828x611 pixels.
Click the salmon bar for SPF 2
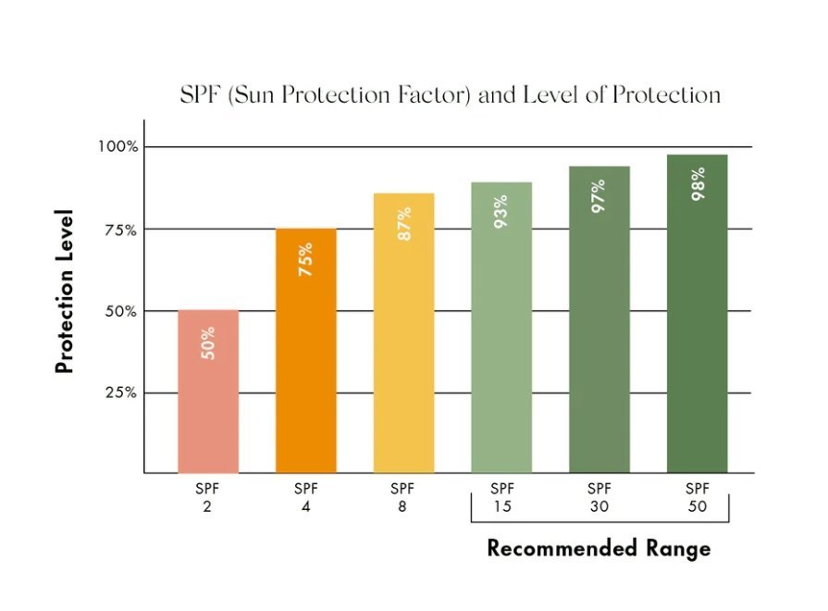(207, 407)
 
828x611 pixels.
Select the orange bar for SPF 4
(305, 370)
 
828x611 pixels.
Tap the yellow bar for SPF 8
(403, 352)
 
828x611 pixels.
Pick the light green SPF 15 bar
(501, 352)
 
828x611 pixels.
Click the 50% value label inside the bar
(207, 343)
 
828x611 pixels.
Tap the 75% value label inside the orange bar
(305, 260)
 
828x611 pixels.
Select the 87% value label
(403, 224)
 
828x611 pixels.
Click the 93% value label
(501, 212)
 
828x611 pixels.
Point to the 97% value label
(599, 196)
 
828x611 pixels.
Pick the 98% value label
(698, 184)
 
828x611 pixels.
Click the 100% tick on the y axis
(119, 146)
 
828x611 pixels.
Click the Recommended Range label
(599, 548)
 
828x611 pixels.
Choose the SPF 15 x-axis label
(501, 497)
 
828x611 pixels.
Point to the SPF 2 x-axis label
(207, 497)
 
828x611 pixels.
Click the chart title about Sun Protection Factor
(450, 94)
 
